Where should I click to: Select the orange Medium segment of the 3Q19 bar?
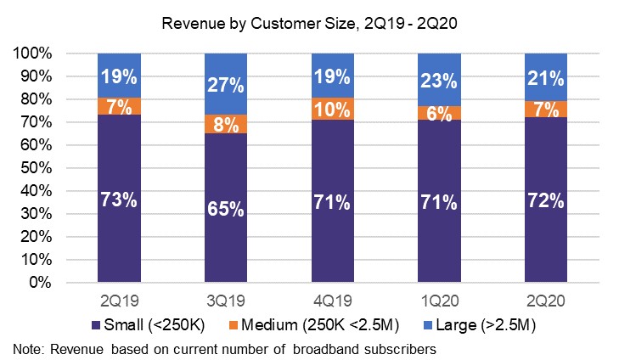[x=225, y=124]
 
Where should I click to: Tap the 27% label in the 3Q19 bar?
[x=225, y=85]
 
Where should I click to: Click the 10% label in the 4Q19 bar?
[x=332, y=109]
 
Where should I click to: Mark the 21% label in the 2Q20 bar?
[x=545, y=79]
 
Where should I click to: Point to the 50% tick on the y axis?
[x=37, y=168]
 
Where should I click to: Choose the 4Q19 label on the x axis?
[x=332, y=301]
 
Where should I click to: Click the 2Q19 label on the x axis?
[x=119, y=301]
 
